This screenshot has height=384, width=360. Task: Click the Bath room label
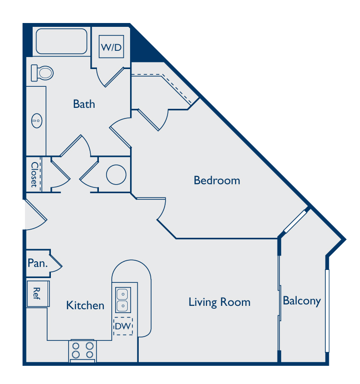coord(84,104)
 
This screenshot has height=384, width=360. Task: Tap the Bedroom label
coord(217,180)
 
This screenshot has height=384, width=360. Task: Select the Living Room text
coord(219,302)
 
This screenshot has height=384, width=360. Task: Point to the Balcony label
coord(302,301)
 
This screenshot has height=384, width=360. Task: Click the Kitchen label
coord(85,305)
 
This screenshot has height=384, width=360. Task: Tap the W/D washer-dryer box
coord(111,47)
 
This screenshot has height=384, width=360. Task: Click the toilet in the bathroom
coord(42,73)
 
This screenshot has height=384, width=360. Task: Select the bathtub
coord(61,41)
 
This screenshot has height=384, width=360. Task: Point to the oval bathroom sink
coord(37,121)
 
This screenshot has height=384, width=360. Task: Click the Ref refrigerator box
coord(38,293)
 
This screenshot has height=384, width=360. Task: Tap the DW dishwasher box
coord(123,326)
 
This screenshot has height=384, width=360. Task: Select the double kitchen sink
coord(123,300)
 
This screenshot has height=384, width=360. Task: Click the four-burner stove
coord(83,351)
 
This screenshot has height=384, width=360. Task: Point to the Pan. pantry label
coord(37,263)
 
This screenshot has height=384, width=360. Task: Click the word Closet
coord(35,175)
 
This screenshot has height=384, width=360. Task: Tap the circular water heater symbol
coord(116,175)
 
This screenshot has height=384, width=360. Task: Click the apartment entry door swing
coord(36,215)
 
